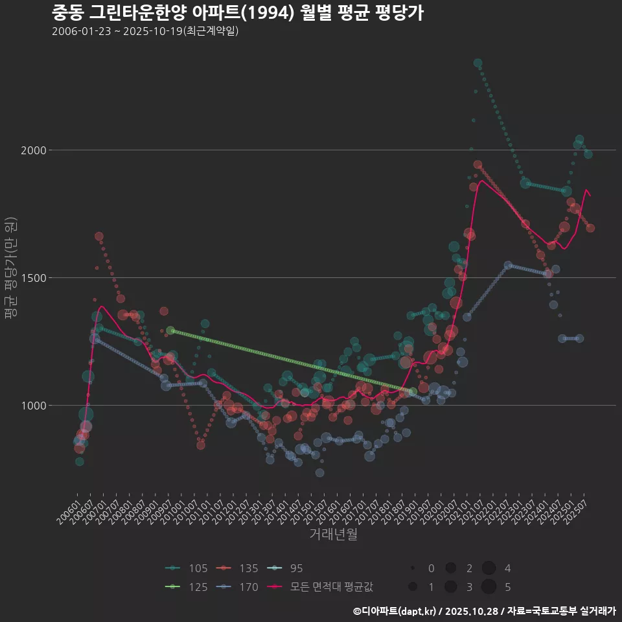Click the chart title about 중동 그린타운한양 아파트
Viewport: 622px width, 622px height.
[237, 12]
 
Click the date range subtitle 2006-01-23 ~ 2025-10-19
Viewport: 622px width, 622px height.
[145, 31]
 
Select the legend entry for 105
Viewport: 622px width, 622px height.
[188, 568]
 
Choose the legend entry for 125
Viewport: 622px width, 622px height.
[188, 587]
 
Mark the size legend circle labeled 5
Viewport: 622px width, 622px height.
[489, 587]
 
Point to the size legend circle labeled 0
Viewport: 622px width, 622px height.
[412, 568]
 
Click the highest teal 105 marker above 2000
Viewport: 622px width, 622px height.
[478, 63]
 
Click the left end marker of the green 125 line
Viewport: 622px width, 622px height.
[170, 330]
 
